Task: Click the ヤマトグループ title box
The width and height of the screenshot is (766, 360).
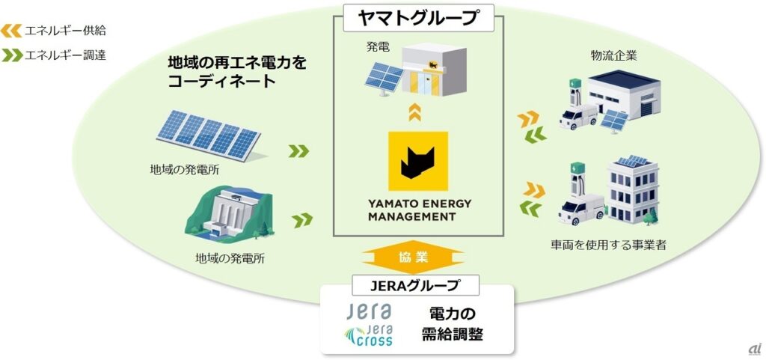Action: (x=417, y=17)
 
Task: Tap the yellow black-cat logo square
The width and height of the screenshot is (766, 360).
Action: (x=417, y=161)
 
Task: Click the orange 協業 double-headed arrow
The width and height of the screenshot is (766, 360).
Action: (x=413, y=257)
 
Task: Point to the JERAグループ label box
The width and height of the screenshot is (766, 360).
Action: (x=415, y=285)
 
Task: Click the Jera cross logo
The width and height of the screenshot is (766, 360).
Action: (x=370, y=334)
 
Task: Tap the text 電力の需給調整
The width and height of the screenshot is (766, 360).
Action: (x=452, y=324)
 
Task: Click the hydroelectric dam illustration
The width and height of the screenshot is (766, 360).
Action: (x=229, y=214)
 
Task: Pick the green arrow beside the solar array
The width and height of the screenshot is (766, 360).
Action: (x=298, y=151)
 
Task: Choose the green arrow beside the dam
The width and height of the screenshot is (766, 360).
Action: (x=302, y=220)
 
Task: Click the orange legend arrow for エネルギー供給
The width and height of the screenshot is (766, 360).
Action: (x=10, y=31)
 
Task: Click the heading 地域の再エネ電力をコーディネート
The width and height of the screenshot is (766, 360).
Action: (x=237, y=71)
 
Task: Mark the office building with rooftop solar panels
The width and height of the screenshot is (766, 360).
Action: (x=633, y=189)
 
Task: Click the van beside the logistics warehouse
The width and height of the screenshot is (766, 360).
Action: (x=578, y=117)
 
